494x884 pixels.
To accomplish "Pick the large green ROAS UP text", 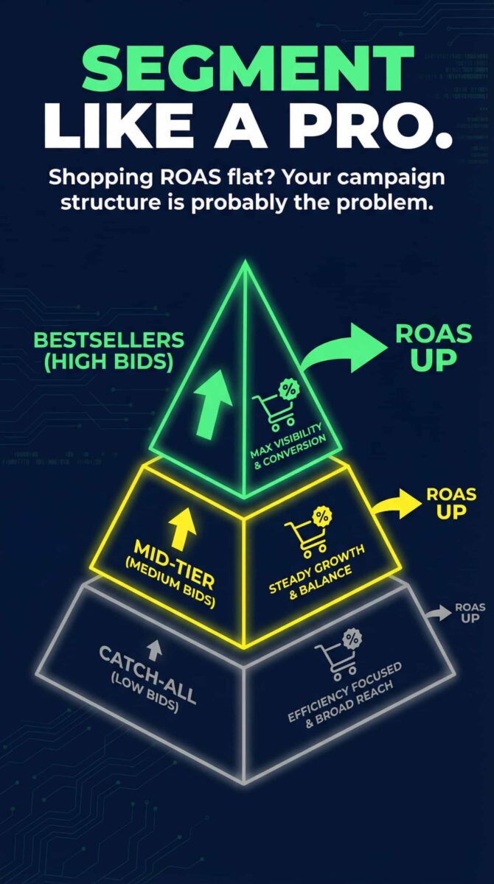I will [434, 346].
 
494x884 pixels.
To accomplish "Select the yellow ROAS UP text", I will [451, 502].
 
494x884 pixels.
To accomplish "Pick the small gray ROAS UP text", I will [470, 612].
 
